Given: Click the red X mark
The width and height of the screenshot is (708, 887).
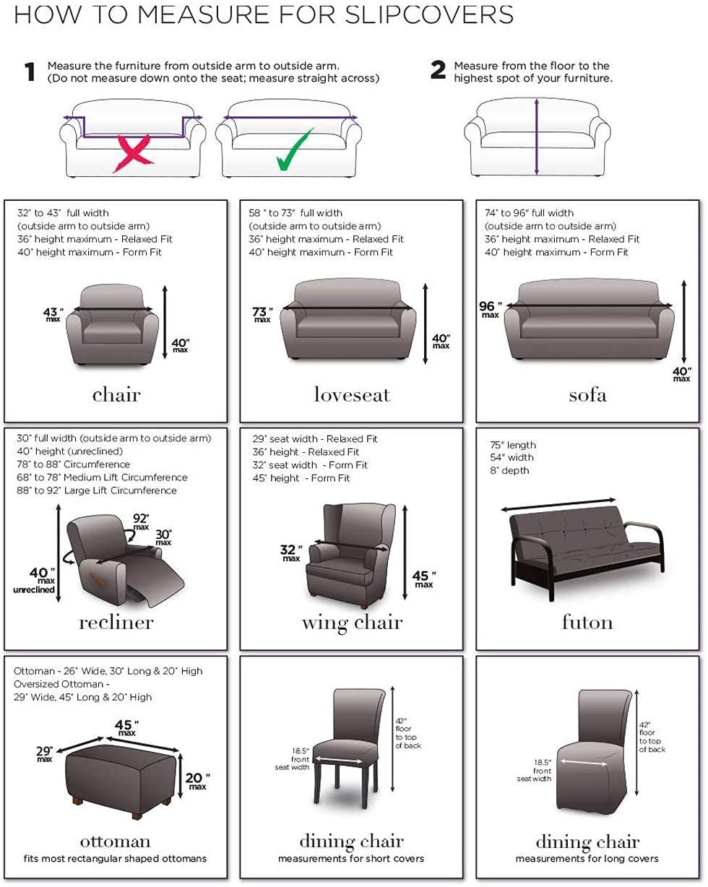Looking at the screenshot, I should tap(133, 152).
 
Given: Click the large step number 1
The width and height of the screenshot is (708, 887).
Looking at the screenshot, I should tap(30, 72).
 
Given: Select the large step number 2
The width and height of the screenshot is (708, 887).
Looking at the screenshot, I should tap(438, 70).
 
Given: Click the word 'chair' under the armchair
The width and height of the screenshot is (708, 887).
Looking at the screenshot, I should tap(116, 394).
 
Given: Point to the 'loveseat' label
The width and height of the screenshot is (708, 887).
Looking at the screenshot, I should tap(352, 394).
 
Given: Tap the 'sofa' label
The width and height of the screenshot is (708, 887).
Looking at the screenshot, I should tap(587, 394).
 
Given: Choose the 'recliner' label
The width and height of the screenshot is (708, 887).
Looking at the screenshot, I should tap(116, 622).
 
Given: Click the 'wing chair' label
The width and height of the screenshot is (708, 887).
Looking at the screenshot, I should tap(352, 622).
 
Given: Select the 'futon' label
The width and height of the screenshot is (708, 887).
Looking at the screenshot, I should tap(587, 622).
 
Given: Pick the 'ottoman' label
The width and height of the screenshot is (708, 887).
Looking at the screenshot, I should tap(116, 841).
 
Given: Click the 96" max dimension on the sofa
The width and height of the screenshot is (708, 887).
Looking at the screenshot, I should tap(489, 309).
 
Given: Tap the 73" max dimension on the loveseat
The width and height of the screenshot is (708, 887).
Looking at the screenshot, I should tap(262, 314).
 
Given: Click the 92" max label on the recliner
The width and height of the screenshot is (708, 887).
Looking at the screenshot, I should tap(141, 519).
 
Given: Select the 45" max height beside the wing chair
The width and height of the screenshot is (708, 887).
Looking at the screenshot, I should tap(423, 579).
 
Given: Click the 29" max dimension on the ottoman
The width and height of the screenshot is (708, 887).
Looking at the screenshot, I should tap(45, 753).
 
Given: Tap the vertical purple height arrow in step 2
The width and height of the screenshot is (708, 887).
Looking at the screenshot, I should tap(536, 137).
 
